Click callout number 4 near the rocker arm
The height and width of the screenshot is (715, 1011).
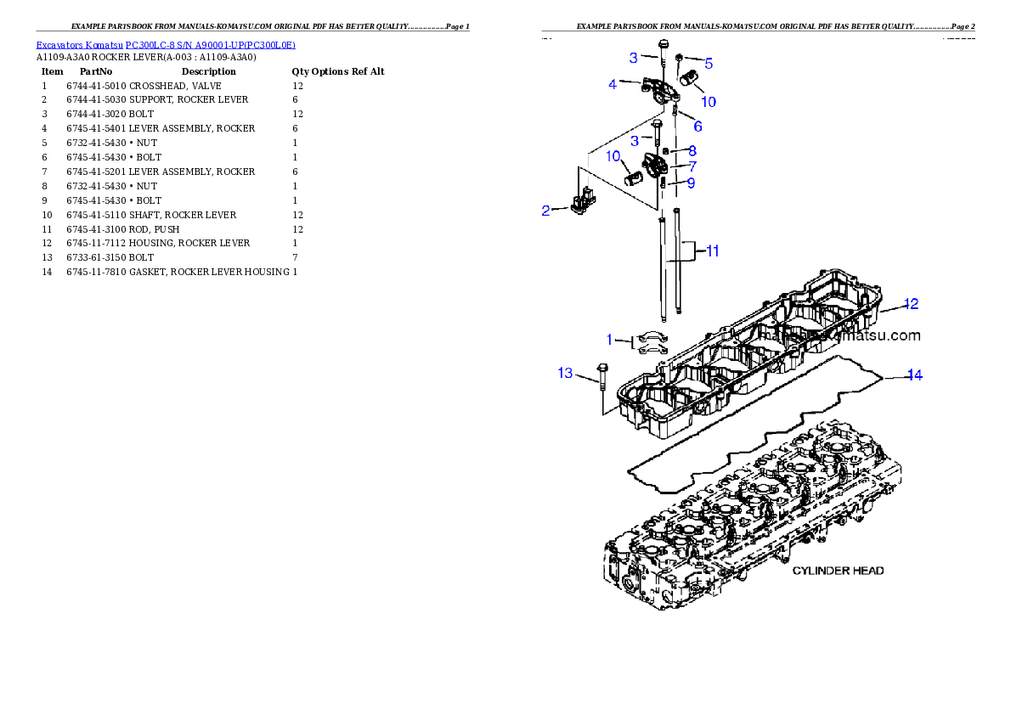(613, 84)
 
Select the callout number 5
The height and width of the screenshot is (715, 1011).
(709, 63)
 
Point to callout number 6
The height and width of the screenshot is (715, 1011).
(698, 127)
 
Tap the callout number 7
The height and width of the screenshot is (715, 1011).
(692, 166)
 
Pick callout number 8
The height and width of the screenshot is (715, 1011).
(692, 150)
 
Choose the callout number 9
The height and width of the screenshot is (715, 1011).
(691, 183)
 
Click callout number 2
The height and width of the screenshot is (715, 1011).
(546, 211)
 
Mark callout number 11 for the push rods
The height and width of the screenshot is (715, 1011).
(713, 251)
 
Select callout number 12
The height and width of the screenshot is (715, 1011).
(911, 303)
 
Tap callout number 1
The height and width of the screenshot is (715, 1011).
(609, 340)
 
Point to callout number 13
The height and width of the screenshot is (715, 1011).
(565, 373)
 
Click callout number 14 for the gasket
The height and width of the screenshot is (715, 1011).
(914, 374)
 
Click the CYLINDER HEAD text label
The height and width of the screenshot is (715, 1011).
(838, 571)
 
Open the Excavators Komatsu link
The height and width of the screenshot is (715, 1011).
(166, 45)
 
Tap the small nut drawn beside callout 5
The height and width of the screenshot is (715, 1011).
(681, 58)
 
